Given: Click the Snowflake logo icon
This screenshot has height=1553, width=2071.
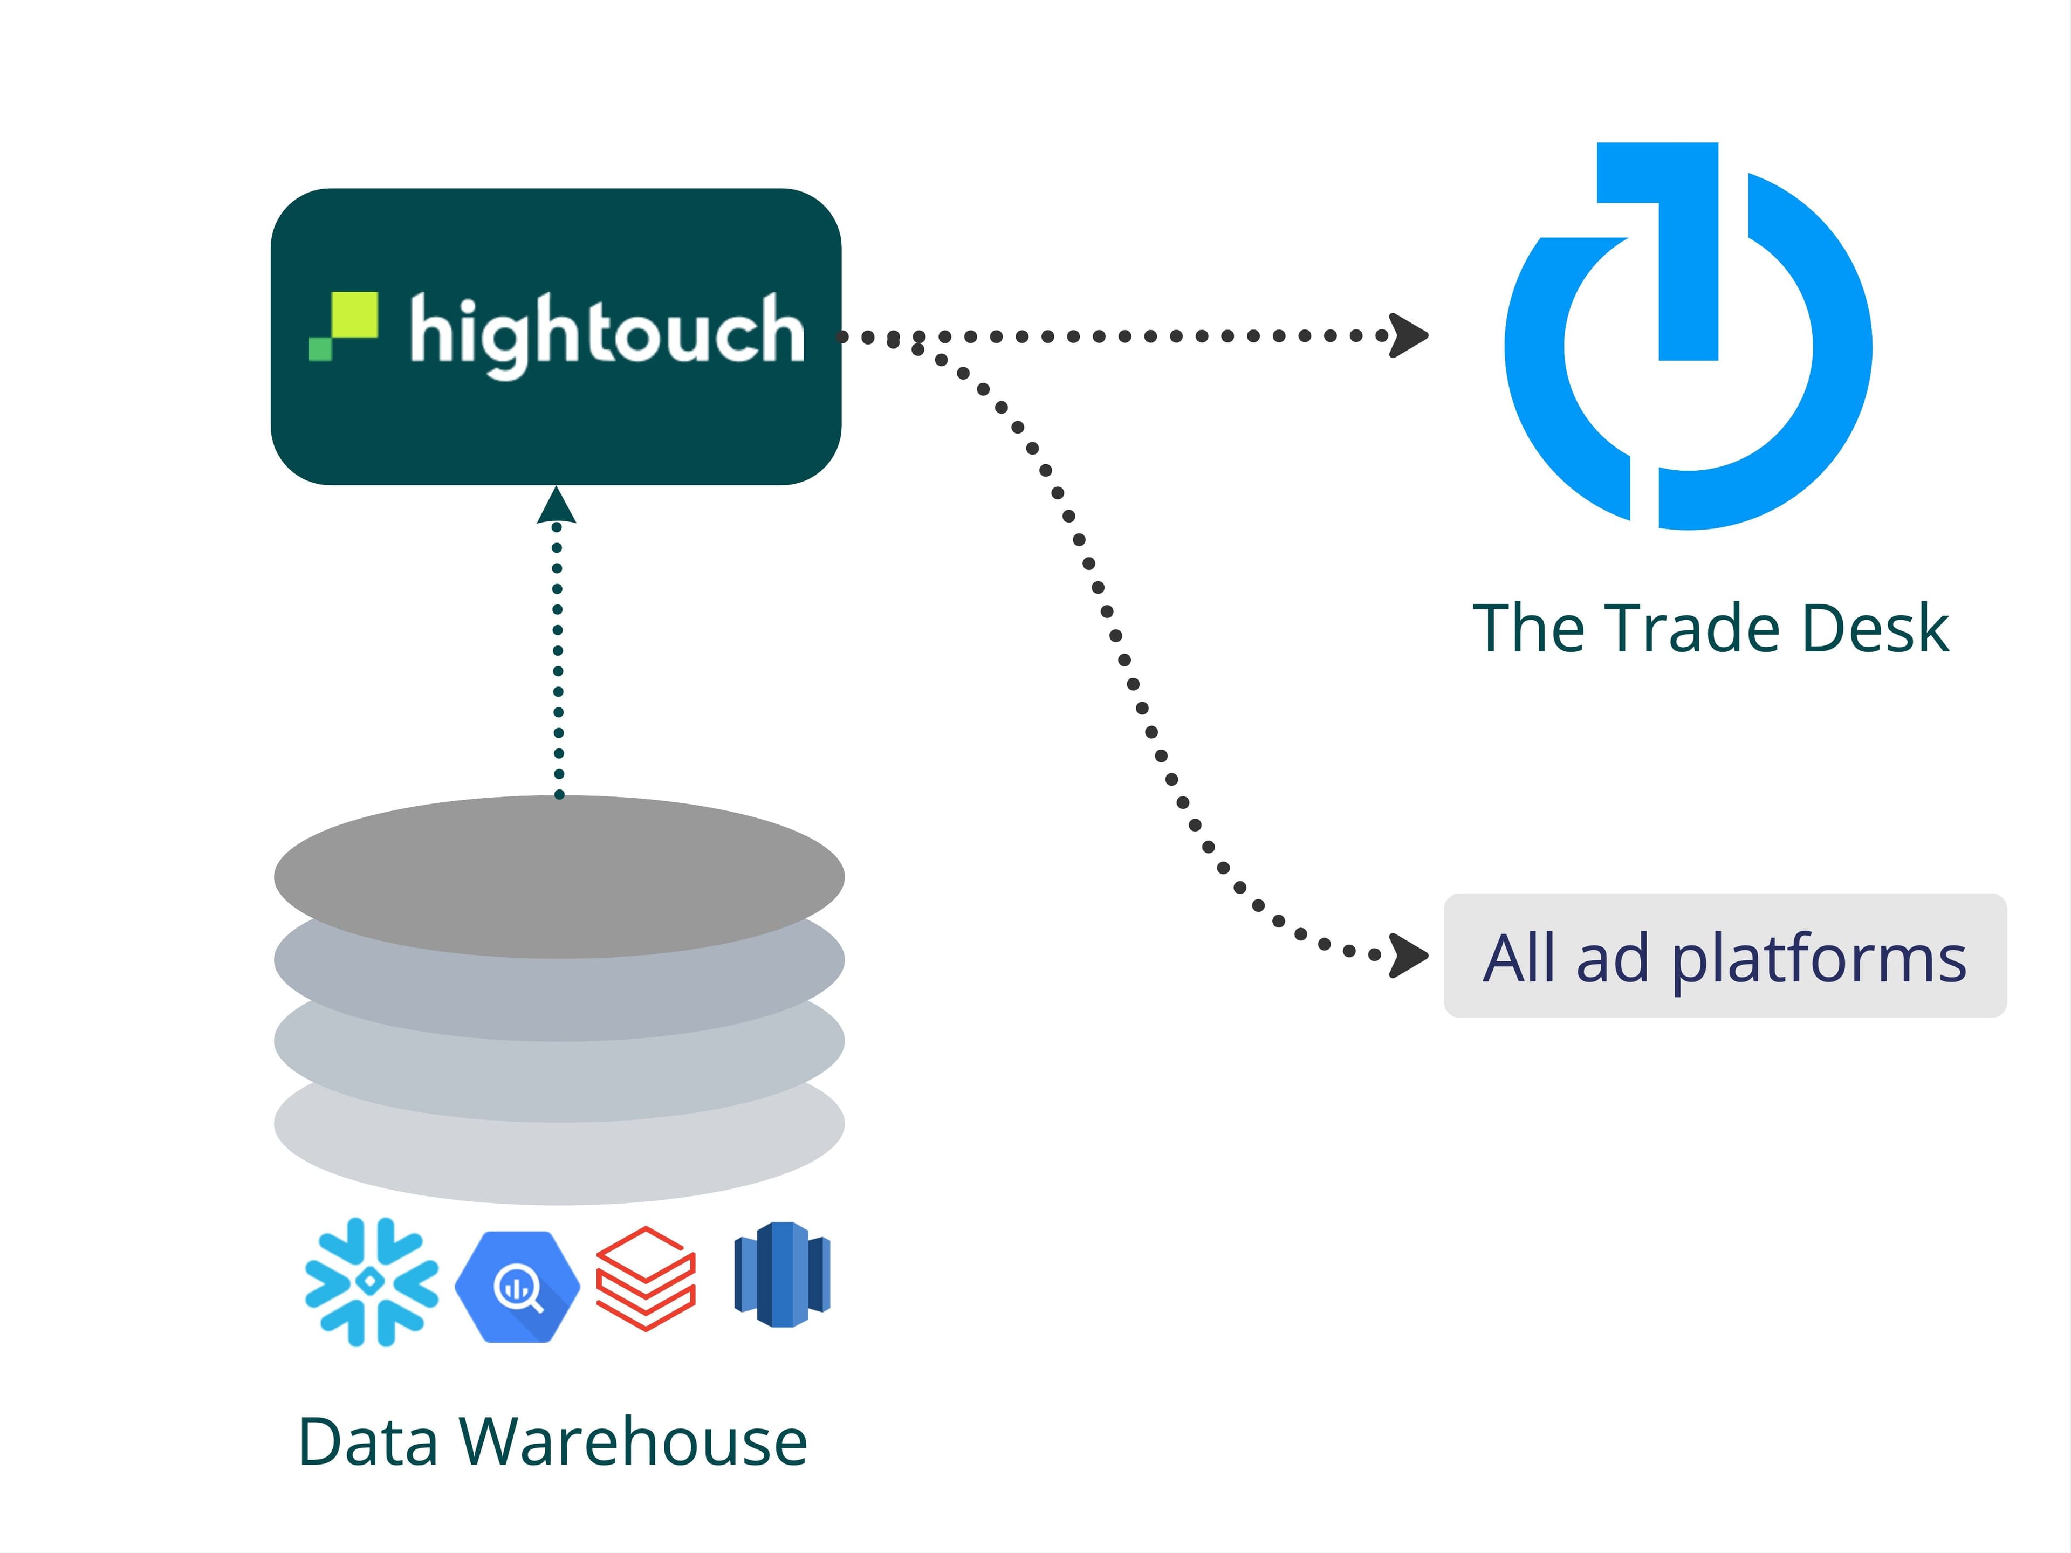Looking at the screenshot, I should (x=372, y=1282).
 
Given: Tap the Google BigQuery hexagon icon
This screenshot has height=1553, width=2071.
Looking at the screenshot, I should (x=517, y=1287).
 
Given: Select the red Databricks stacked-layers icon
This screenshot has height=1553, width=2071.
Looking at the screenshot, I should (x=646, y=1278).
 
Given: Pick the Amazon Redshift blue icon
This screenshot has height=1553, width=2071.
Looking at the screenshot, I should (x=783, y=1274).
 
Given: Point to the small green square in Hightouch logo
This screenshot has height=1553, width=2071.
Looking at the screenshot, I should (x=320, y=349).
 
